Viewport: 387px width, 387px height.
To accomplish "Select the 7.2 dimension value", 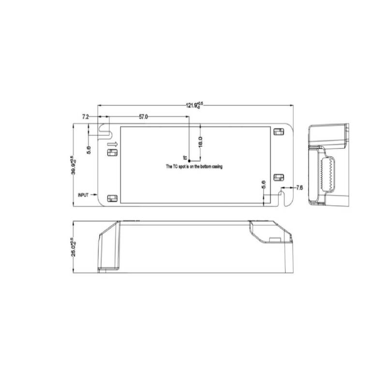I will [85, 117].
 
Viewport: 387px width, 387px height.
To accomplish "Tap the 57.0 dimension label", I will [144, 117].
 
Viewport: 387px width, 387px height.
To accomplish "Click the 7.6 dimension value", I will [298, 188].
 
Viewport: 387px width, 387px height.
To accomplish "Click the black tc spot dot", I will [190, 160].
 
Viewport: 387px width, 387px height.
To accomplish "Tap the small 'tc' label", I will [184, 158].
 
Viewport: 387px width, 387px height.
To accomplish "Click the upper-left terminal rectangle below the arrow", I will [112, 153].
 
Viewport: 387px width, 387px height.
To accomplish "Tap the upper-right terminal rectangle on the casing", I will [278, 132].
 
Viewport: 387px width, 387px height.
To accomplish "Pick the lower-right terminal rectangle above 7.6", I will [278, 178].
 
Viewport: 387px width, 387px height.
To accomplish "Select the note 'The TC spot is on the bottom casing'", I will [194, 166].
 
